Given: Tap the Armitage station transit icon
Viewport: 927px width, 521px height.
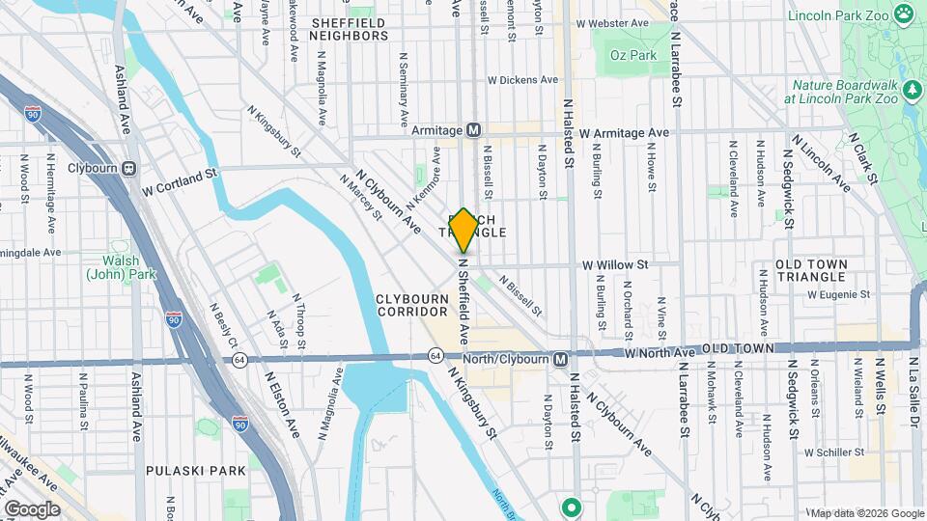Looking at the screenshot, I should click(473, 130).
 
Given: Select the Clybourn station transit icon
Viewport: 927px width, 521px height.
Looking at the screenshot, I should click(128, 168).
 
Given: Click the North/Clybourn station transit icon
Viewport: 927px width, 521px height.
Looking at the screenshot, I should click(560, 359).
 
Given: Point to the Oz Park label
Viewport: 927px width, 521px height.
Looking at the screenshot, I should click(633, 55).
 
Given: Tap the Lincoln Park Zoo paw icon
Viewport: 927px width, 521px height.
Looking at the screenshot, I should click(903, 14).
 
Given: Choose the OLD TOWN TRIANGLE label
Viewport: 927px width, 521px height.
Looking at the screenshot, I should click(811, 270).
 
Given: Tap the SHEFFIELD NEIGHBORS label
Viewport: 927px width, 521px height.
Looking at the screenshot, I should click(348, 29).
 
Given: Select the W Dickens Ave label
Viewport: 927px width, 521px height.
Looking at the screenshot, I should click(522, 80).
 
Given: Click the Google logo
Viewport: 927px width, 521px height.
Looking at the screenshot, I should click(31, 509).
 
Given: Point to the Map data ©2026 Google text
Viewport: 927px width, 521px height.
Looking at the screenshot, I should click(866, 512).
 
